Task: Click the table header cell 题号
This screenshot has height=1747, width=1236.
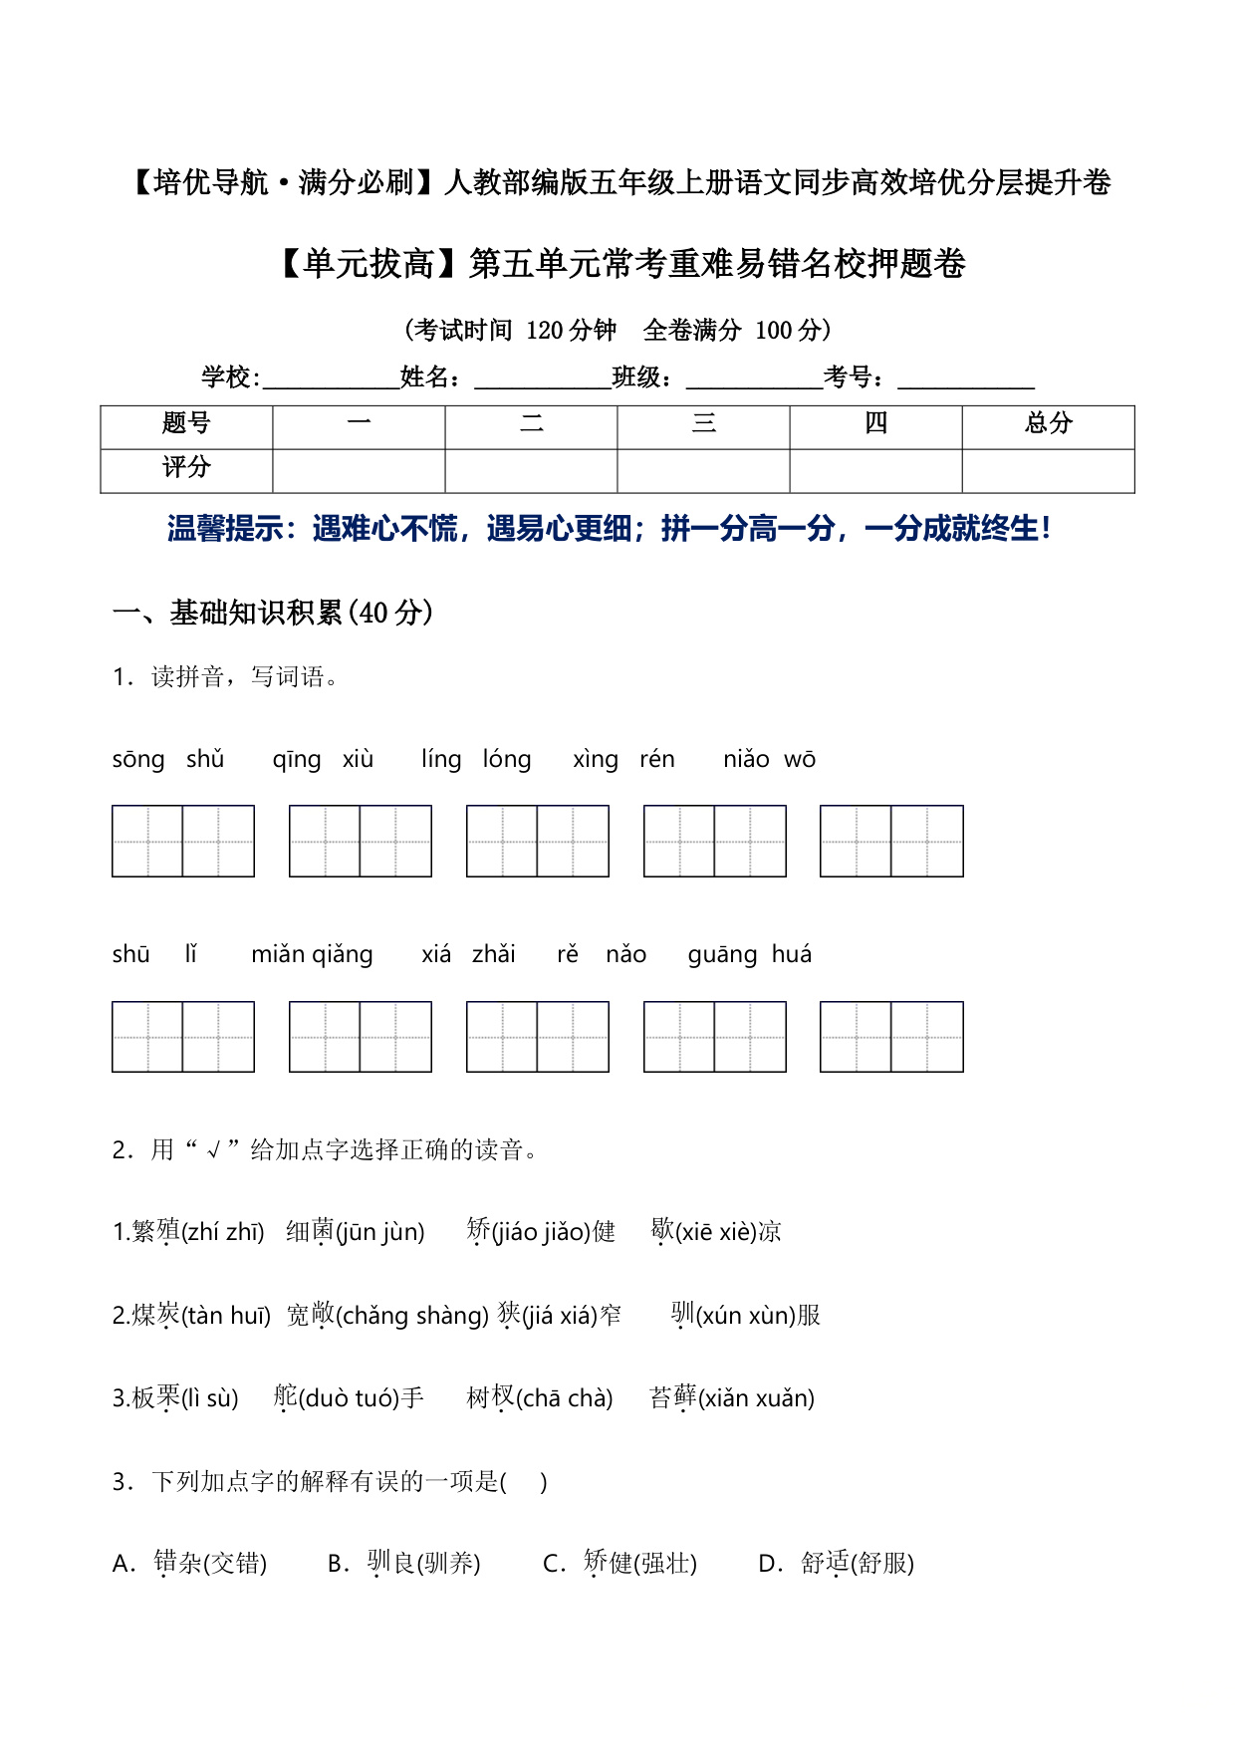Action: [x=186, y=424]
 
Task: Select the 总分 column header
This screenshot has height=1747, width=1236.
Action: [x=1048, y=424]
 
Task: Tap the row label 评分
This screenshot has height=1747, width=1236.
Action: [x=186, y=468]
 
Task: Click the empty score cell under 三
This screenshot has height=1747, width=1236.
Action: [x=703, y=470]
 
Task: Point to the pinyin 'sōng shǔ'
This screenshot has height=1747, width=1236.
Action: [x=168, y=759]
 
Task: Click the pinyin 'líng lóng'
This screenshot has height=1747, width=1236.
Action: [x=476, y=759]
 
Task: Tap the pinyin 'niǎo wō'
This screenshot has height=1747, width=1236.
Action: [x=769, y=759]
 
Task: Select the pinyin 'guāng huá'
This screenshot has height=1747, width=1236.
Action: [x=749, y=954]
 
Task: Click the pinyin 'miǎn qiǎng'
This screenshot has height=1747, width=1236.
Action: [x=312, y=954]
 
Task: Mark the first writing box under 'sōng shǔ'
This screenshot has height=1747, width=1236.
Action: [x=147, y=842]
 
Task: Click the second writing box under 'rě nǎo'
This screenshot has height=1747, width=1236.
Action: [x=750, y=1037]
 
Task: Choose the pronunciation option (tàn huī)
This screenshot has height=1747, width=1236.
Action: [x=226, y=1316]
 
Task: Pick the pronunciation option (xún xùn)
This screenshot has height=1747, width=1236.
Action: [x=745, y=1316]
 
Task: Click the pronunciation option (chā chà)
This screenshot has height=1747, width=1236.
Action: [x=565, y=1398]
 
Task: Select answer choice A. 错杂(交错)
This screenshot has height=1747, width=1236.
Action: [x=190, y=1564]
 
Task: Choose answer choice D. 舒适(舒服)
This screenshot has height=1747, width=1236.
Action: [x=837, y=1564]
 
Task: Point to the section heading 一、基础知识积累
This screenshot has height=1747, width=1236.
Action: [x=273, y=613]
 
